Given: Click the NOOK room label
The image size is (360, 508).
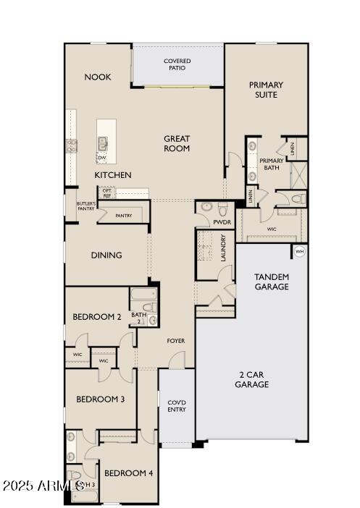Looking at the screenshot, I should pyautogui.click(x=98, y=77).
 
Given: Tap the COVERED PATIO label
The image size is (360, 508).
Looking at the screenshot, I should pyautogui.click(x=177, y=64).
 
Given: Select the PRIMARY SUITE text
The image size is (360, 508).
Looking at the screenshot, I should pyautogui.click(x=266, y=90).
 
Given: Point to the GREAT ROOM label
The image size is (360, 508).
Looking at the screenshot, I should pyautogui.click(x=177, y=143).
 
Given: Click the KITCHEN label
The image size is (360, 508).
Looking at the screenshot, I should pyautogui.click(x=113, y=175).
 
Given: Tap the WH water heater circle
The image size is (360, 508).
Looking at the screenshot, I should pyautogui.click(x=298, y=251).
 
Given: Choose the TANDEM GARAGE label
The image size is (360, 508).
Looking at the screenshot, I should pyautogui.click(x=272, y=281).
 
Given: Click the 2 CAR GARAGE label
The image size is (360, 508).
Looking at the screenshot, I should pyautogui.click(x=251, y=379).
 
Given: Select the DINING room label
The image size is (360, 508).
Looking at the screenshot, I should pyautogui.click(x=106, y=255).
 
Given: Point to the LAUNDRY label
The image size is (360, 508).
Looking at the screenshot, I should pyautogui.click(x=224, y=247).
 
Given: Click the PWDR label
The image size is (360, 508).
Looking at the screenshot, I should pyautogui.click(x=221, y=223).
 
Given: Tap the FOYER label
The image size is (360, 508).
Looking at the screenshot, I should pyautogui.click(x=176, y=340).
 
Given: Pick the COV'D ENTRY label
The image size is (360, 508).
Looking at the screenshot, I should pyautogui.click(x=176, y=406).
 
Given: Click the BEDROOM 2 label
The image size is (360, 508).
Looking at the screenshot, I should pyautogui.click(x=97, y=317).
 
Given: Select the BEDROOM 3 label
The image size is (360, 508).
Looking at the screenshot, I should pyautogui.click(x=101, y=399).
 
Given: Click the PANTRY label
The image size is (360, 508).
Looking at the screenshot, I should pyautogui.click(x=123, y=215).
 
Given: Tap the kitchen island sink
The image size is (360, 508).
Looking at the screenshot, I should pyautogui.click(x=104, y=143).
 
